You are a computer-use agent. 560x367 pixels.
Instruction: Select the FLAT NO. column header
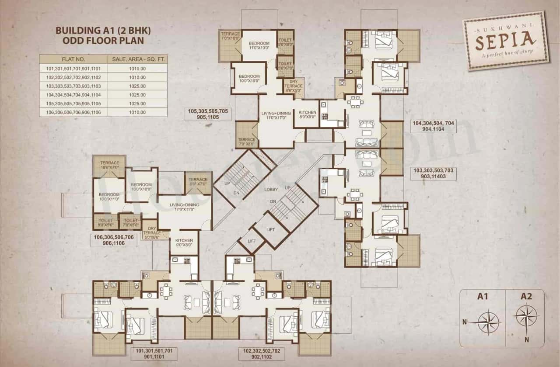(x=73, y=59)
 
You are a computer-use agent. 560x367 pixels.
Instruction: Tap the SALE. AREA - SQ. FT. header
(x=137, y=59)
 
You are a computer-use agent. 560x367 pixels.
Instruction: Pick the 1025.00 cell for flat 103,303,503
(x=137, y=86)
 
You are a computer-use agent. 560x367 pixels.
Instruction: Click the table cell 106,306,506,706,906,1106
(x=73, y=112)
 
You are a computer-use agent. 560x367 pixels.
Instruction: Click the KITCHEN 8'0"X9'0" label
(x=307, y=114)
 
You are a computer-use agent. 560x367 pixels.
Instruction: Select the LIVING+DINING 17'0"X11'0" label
(x=184, y=207)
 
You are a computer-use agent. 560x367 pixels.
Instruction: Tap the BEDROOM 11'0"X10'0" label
(x=259, y=45)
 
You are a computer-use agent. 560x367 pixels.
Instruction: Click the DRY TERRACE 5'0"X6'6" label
(x=152, y=233)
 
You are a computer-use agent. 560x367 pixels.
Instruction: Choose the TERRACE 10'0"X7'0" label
(x=109, y=165)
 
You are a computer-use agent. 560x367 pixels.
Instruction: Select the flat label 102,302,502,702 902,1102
(x=261, y=353)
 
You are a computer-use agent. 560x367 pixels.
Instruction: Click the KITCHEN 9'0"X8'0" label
(x=184, y=243)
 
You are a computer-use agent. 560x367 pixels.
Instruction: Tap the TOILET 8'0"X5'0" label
(x=106, y=222)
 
